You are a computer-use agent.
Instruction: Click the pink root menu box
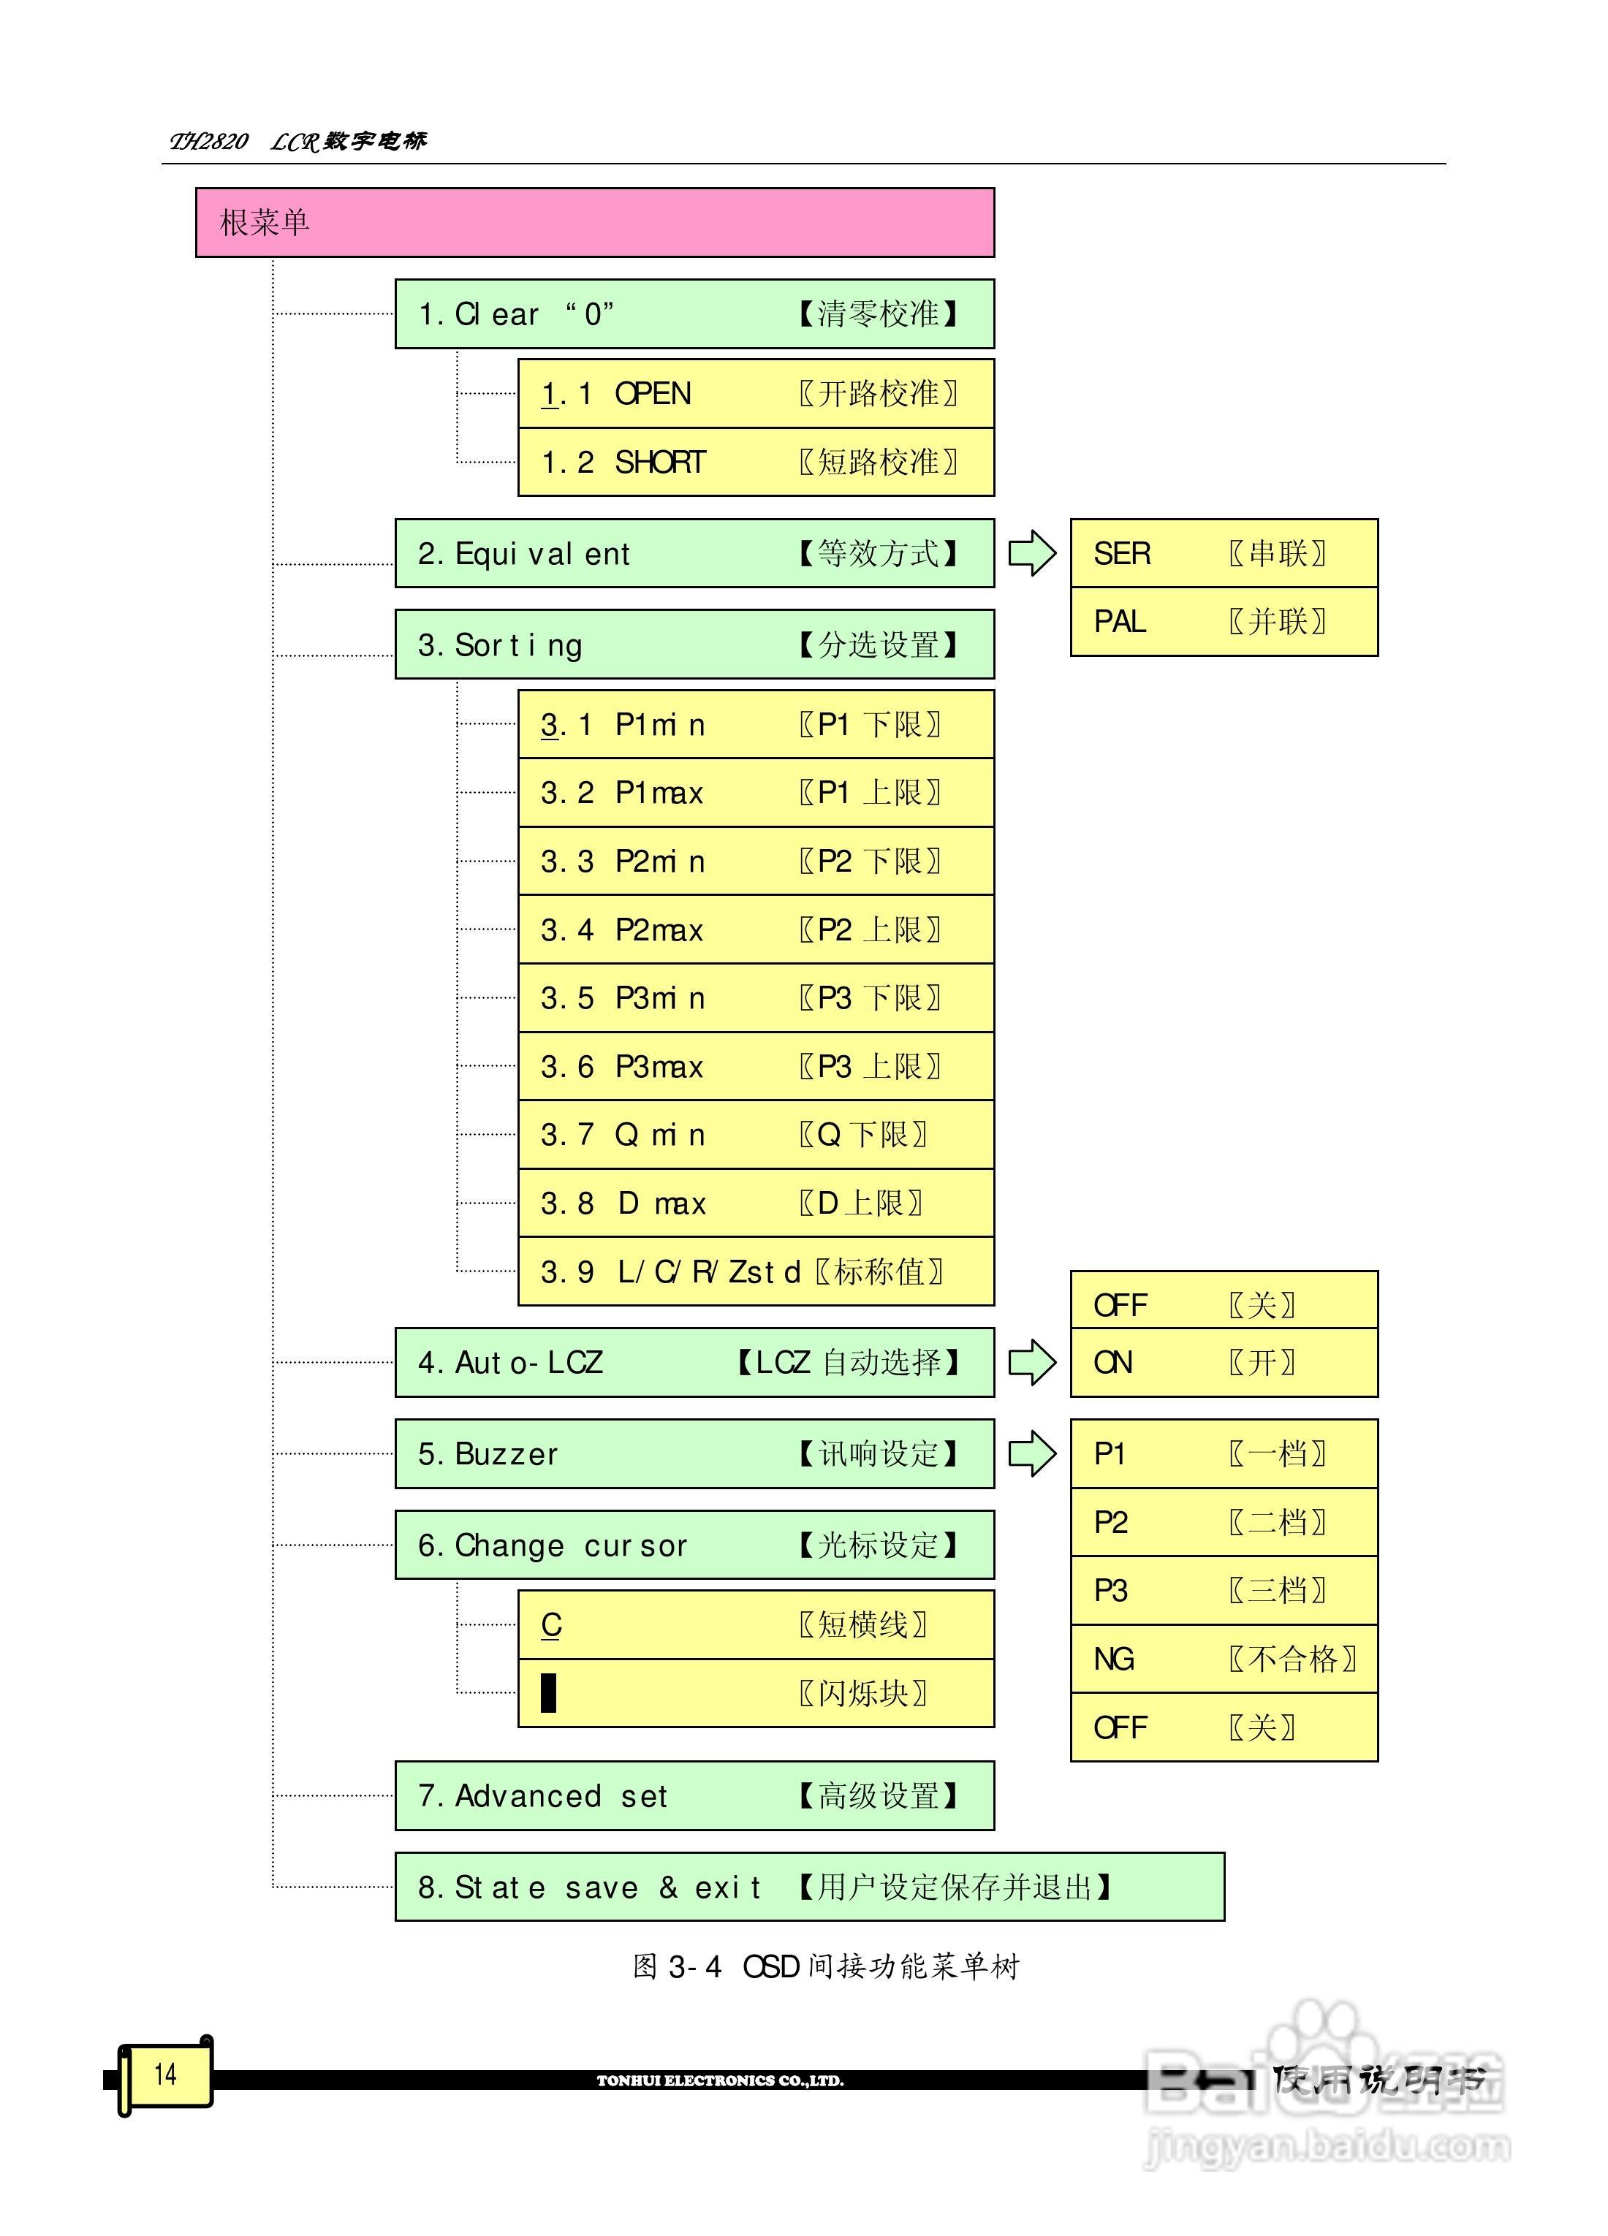(x=594, y=223)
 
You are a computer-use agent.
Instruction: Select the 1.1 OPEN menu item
(x=755, y=393)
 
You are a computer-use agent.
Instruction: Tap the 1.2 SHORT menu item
(x=755, y=461)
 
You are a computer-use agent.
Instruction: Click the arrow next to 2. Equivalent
(x=1031, y=553)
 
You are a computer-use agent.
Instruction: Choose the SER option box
(x=1224, y=553)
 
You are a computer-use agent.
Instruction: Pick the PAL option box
(x=1224, y=621)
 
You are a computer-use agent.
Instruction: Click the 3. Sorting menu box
(x=694, y=644)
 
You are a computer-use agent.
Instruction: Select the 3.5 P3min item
(x=755, y=997)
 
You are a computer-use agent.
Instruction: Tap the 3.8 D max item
(x=755, y=1203)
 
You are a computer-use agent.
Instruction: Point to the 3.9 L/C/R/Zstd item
(x=755, y=1271)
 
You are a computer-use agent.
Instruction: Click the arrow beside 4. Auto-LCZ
(x=1031, y=1363)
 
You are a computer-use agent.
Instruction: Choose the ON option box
(x=1224, y=1363)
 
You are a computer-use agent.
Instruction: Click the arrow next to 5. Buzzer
(x=1031, y=1454)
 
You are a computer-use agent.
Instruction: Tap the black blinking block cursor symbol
(x=549, y=1693)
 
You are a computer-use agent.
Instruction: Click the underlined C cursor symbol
(x=551, y=1624)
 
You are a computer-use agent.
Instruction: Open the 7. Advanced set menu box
(x=694, y=1796)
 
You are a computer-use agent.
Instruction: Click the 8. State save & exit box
(x=808, y=1887)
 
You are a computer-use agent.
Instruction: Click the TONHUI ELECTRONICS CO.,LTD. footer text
(x=720, y=2081)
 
